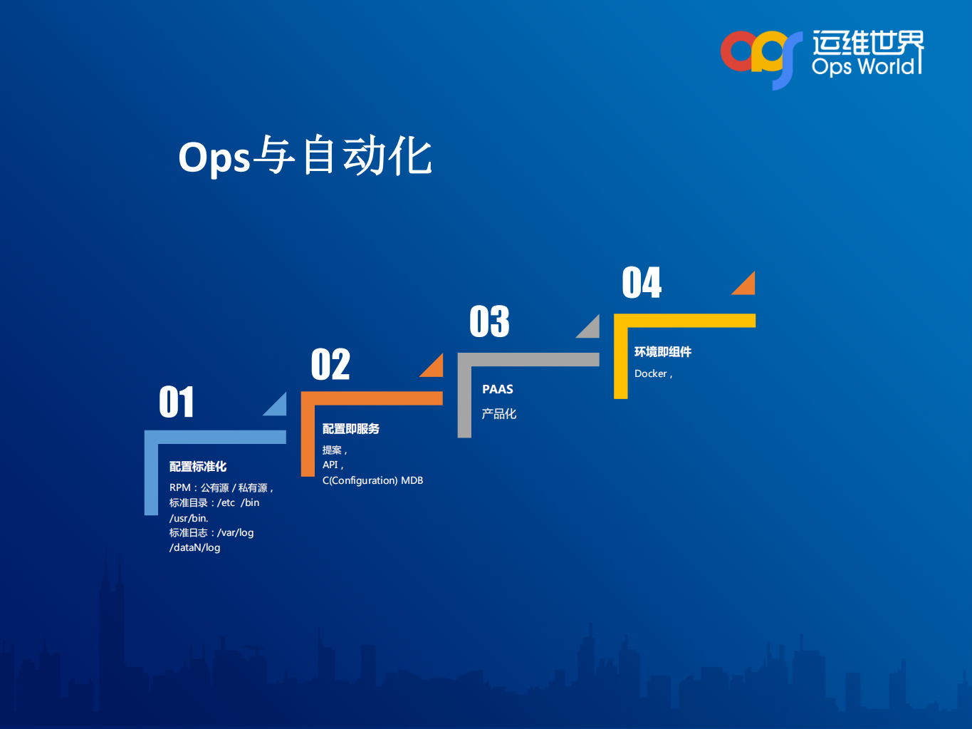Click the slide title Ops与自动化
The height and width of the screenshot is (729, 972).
pyautogui.click(x=305, y=156)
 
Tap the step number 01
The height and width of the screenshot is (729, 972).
pyautogui.click(x=177, y=403)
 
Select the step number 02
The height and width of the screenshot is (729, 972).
pyautogui.click(x=330, y=365)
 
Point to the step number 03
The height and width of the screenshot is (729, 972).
pyautogui.click(x=489, y=321)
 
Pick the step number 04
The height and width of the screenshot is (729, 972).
pyautogui.click(x=642, y=283)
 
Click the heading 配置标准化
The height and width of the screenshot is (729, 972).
pyautogui.click(x=198, y=466)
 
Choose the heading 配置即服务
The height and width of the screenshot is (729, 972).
pyautogui.click(x=351, y=428)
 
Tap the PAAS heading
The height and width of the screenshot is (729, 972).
pyautogui.click(x=498, y=389)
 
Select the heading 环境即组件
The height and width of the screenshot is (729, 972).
pyautogui.click(x=663, y=351)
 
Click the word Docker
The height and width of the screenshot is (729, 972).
pyautogui.click(x=651, y=373)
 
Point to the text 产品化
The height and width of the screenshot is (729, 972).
pyautogui.click(x=499, y=413)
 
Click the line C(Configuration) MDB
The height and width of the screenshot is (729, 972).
pyautogui.click(x=372, y=480)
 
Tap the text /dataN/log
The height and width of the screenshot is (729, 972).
pyautogui.click(x=195, y=547)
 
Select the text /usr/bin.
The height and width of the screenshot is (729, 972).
pyautogui.click(x=189, y=518)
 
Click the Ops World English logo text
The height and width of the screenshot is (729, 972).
pyautogui.click(x=863, y=66)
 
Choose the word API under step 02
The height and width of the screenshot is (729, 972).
pyautogui.click(x=330, y=465)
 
